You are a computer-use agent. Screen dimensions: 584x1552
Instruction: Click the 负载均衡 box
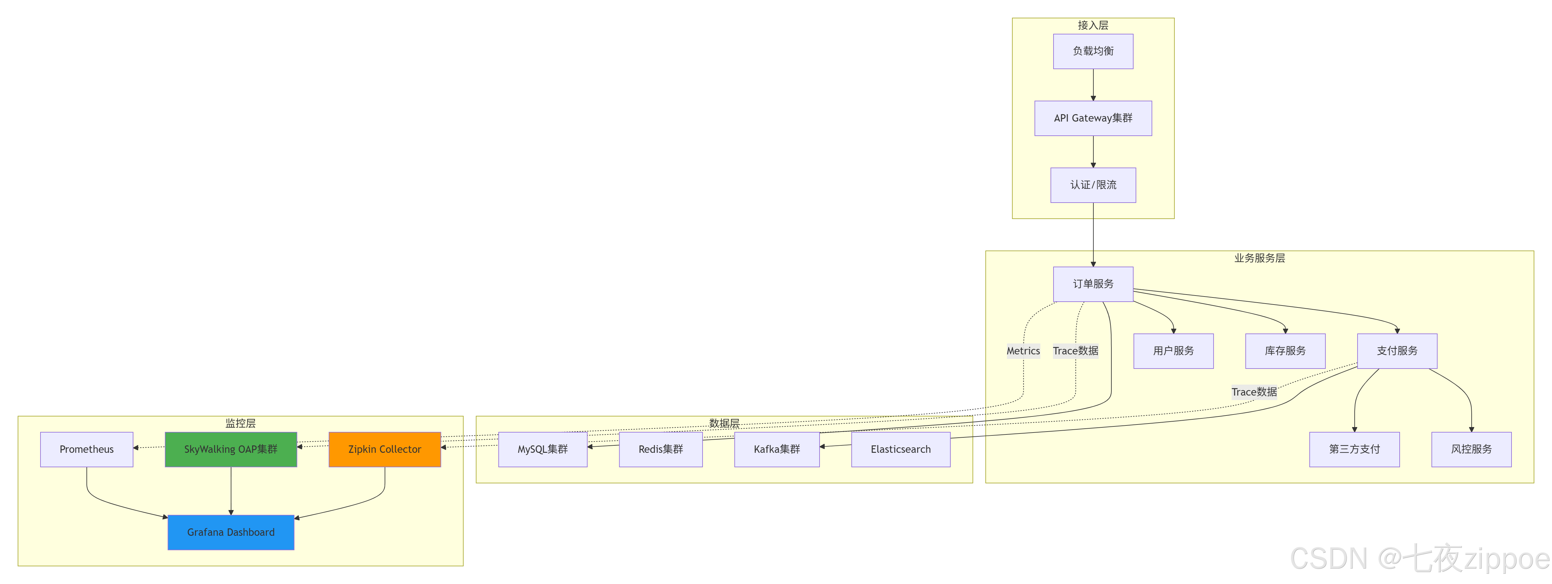1093,51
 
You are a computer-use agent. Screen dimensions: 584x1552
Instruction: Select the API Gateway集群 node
1093,118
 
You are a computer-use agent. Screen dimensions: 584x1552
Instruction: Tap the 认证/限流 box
1093,185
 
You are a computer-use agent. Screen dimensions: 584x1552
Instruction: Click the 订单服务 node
1093,284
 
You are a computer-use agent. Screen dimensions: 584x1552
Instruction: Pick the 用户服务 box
1173,351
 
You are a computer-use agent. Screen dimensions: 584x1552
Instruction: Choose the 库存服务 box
1285,351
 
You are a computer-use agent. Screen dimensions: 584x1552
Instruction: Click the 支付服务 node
1396,351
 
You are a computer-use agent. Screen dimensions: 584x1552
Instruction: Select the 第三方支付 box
1354,449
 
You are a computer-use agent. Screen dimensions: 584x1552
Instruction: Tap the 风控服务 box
1471,449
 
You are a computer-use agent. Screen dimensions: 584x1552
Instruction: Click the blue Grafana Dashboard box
231,532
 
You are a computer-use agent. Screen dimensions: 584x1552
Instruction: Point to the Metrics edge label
1023,351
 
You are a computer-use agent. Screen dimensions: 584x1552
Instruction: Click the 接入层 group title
1093,25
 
